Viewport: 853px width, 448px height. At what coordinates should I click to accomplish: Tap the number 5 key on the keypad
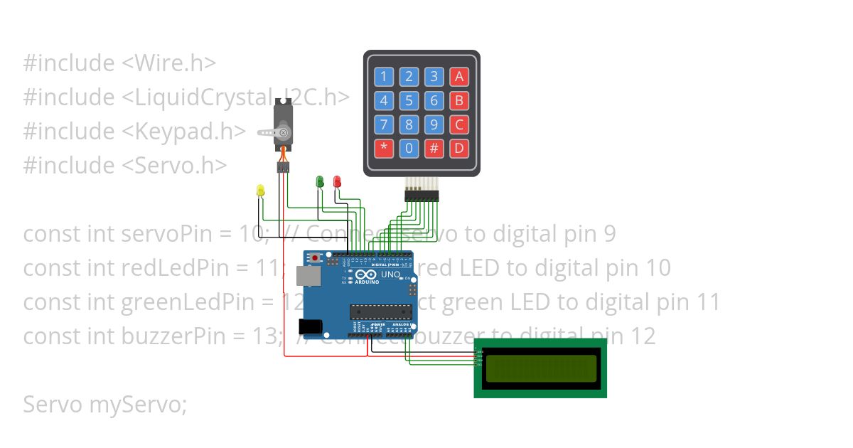coord(409,101)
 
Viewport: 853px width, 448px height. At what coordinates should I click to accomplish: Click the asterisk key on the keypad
coord(384,149)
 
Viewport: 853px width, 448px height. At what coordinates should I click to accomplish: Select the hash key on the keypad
coord(434,149)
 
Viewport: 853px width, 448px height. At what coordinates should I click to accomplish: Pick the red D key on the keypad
coord(459,149)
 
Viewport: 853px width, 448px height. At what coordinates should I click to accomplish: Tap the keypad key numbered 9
coord(434,125)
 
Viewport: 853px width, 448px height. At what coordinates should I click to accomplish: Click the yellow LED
coord(260,190)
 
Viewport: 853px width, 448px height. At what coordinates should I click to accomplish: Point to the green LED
coord(320,181)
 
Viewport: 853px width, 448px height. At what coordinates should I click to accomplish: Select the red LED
coord(337,181)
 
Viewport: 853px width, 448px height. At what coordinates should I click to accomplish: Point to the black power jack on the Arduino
coord(311,326)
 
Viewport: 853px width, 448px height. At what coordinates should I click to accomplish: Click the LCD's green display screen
coord(541,368)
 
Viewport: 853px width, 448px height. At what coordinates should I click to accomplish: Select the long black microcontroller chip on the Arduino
coord(380,311)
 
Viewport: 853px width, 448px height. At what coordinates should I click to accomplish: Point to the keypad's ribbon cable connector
coord(422,193)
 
